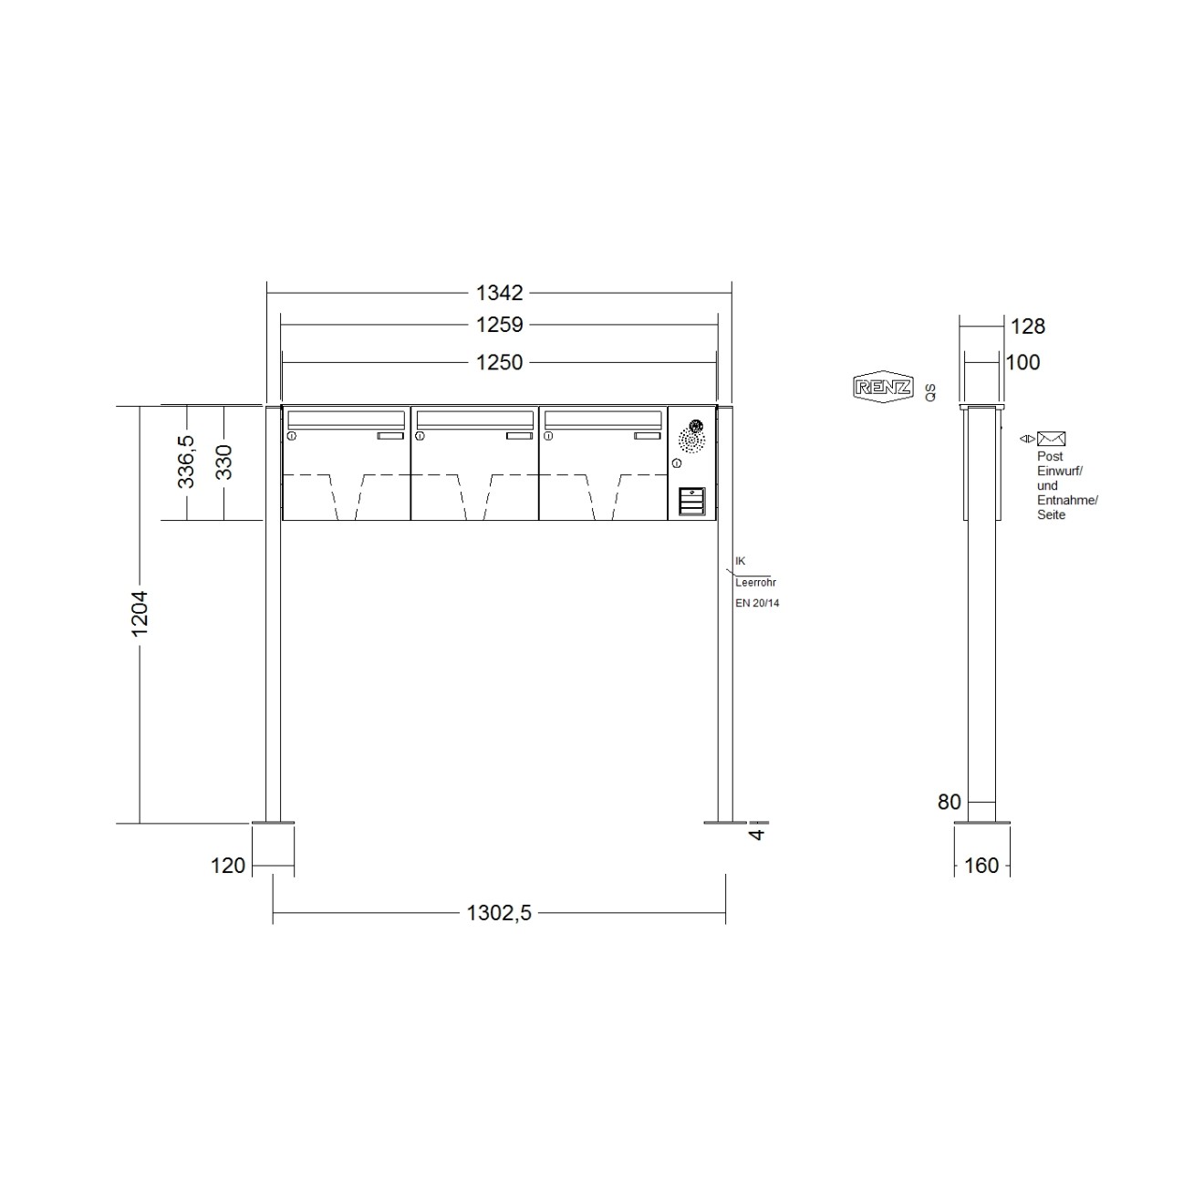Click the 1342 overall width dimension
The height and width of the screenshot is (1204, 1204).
click(x=499, y=293)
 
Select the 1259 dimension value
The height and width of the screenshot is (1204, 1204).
click(x=499, y=325)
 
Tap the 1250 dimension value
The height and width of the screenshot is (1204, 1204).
click(x=499, y=362)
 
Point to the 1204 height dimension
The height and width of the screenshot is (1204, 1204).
click(x=140, y=614)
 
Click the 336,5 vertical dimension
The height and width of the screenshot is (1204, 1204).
click(x=186, y=462)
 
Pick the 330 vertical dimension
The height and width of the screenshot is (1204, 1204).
click(x=223, y=462)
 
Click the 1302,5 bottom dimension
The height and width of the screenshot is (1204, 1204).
click(x=499, y=913)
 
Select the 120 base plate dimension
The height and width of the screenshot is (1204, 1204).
click(x=228, y=866)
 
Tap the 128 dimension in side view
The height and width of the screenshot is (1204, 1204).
click(x=1028, y=326)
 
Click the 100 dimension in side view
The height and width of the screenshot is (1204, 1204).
click(x=1022, y=362)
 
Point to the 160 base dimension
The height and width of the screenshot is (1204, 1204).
click(x=981, y=866)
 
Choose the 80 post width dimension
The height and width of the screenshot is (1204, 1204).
click(x=949, y=802)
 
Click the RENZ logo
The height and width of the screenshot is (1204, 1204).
click(x=882, y=387)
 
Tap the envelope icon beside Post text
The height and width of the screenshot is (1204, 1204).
click(x=1052, y=439)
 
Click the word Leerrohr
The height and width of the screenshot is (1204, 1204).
click(x=755, y=582)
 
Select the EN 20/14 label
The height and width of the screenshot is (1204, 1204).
click(x=757, y=603)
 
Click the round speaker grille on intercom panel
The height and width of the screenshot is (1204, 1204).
click(x=691, y=441)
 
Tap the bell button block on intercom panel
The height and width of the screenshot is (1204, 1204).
click(x=692, y=501)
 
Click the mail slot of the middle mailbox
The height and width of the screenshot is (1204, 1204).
click(x=474, y=419)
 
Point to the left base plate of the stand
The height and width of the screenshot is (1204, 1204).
click(x=273, y=825)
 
